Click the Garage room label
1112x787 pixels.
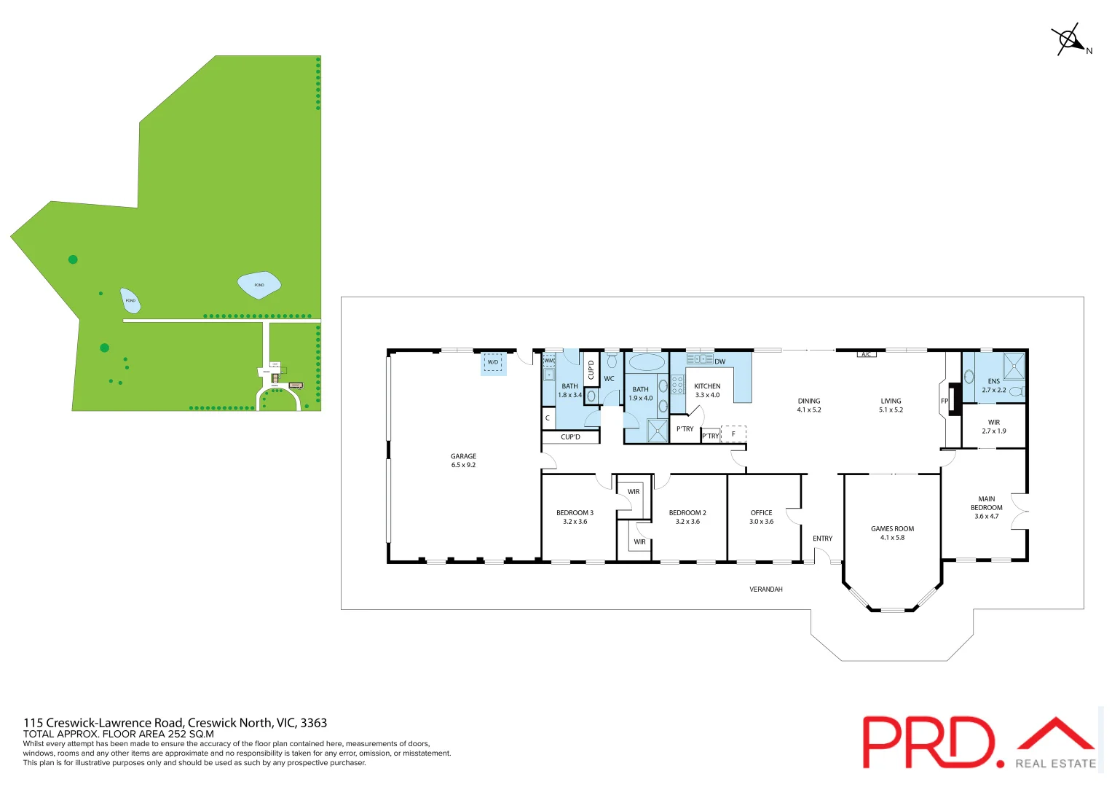pyautogui.click(x=463, y=461)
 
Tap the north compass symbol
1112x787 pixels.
pyautogui.click(x=1069, y=39)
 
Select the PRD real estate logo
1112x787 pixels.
pyautogui.click(x=979, y=742)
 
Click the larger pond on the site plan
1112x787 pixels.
pyautogui.click(x=259, y=285)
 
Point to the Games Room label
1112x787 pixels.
pyautogui.click(x=892, y=533)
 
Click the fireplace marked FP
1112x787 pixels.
pyautogui.click(x=954, y=401)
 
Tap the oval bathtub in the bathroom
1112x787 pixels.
pyautogui.click(x=647, y=362)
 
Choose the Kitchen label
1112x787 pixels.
pyautogui.click(x=707, y=391)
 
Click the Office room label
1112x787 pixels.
pyautogui.click(x=761, y=517)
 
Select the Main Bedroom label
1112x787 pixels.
pyautogui.click(x=987, y=507)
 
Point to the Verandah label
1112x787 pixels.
pyautogui.click(x=766, y=589)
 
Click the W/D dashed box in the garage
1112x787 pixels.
pyautogui.click(x=493, y=362)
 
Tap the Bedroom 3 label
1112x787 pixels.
pyautogui.click(x=575, y=517)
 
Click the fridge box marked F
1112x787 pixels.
pyautogui.click(x=733, y=434)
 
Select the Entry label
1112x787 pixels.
pyautogui.click(x=822, y=539)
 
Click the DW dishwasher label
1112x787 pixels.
pyautogui.click(x=719, y=361)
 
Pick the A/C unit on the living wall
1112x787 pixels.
pyautogui.click(x=866, y=355)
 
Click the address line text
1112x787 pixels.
pyautogui.click(x=175, y=723)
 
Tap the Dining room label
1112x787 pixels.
pyautogui.click(x=809, y=405)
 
